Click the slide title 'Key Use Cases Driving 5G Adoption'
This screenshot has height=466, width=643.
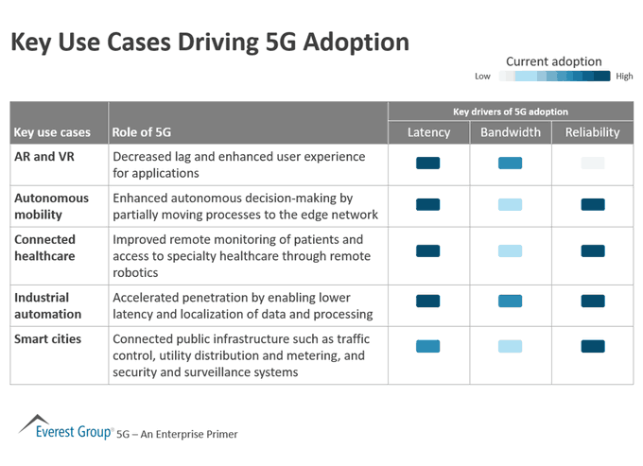(x=209, y=43)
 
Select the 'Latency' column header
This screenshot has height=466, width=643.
(x=428, y=132)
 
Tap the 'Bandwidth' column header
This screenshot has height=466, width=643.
(x=510, y=132)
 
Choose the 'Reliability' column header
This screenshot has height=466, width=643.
(x=592, y=132)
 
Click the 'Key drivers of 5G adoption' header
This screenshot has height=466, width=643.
(x=511, y=112)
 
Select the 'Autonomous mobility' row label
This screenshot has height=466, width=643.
(x=51, y=206)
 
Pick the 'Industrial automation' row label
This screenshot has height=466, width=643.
(x=47, y=305)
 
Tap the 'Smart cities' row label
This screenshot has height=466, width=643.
(x=47, y=338)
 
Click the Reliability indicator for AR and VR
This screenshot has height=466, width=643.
(x=592, y=164)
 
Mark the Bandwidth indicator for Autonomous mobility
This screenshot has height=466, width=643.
(x=510, y=204)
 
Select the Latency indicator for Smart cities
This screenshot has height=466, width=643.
(x=428, y=346)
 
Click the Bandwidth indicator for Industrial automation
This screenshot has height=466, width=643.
(x=510, y=301)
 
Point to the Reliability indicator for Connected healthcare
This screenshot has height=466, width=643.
(x=592, y=250)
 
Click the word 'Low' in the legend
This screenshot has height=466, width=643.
(x=482, y=77)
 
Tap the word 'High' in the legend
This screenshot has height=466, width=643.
(x=624, y=77)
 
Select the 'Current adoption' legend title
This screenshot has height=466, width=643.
(x=553, y=61)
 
